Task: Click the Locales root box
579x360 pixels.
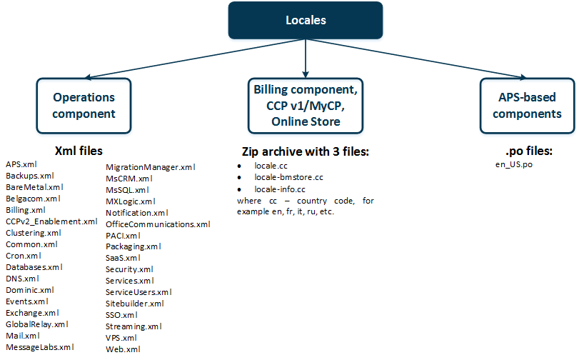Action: (306, 20)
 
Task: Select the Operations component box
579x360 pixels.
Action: (84, 105)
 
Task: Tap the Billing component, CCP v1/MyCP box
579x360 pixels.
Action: (306, 106)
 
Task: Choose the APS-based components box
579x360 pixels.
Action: (527, 105)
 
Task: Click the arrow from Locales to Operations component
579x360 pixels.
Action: (193, 58)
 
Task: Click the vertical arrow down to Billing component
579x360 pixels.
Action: (306, 57)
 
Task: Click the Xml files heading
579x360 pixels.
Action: (79, 151)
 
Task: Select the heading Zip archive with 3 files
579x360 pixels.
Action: (306, 152)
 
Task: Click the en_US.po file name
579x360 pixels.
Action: (514, 164)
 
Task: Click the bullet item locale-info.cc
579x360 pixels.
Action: (279, 189)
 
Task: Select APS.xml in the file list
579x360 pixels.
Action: (21, 164)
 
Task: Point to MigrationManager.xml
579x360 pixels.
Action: (150, 166)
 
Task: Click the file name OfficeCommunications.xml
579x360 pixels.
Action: (158, 224)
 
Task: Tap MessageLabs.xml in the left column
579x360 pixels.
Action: (39, 347)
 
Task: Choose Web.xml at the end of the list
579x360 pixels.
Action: (123, 349)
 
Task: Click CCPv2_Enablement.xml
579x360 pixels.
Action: (51, 221)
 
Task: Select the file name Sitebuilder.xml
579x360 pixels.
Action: (134, 304)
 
